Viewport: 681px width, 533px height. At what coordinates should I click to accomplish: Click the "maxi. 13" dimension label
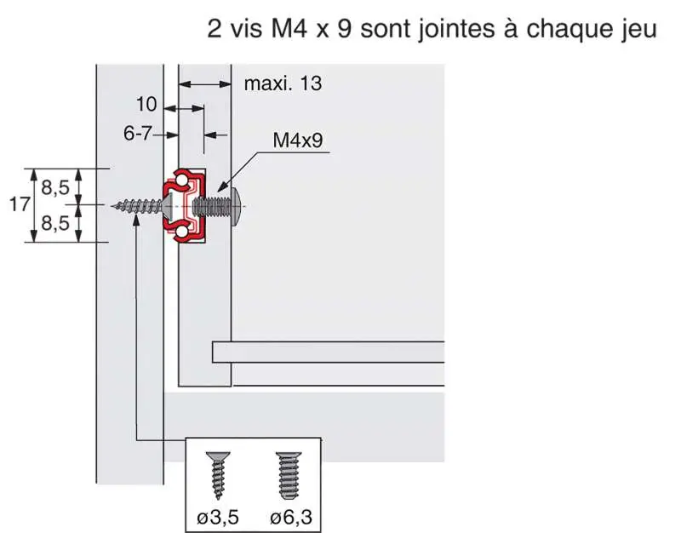click(283, 83)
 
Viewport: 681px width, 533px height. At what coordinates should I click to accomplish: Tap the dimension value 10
click(146, 105)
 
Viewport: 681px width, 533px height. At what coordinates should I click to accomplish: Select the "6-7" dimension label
click(139, 134)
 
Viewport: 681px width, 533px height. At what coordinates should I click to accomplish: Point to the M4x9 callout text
click(297, 141)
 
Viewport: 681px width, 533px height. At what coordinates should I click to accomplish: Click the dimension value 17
click(20, 204)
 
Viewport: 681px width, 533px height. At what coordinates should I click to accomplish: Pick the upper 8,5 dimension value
click(55, 189)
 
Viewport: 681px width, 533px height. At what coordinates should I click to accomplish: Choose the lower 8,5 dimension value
click(55, 223)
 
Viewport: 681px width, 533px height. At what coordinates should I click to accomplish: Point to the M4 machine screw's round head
click(236, 206)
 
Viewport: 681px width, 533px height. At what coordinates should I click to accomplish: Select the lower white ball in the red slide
click(181, 232)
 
